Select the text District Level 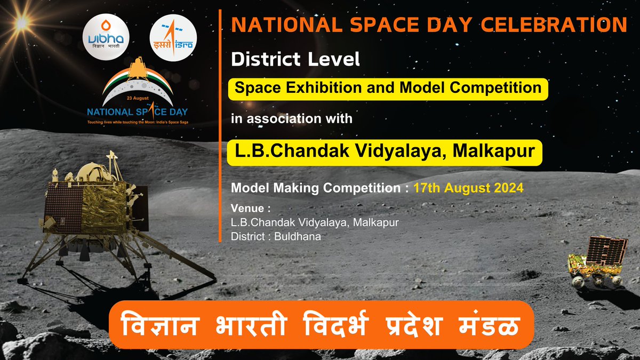(295, 60)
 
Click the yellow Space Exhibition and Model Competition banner (389, 87)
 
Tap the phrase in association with (292, 118)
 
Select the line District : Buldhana (276, 236)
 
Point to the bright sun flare (21, 22)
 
